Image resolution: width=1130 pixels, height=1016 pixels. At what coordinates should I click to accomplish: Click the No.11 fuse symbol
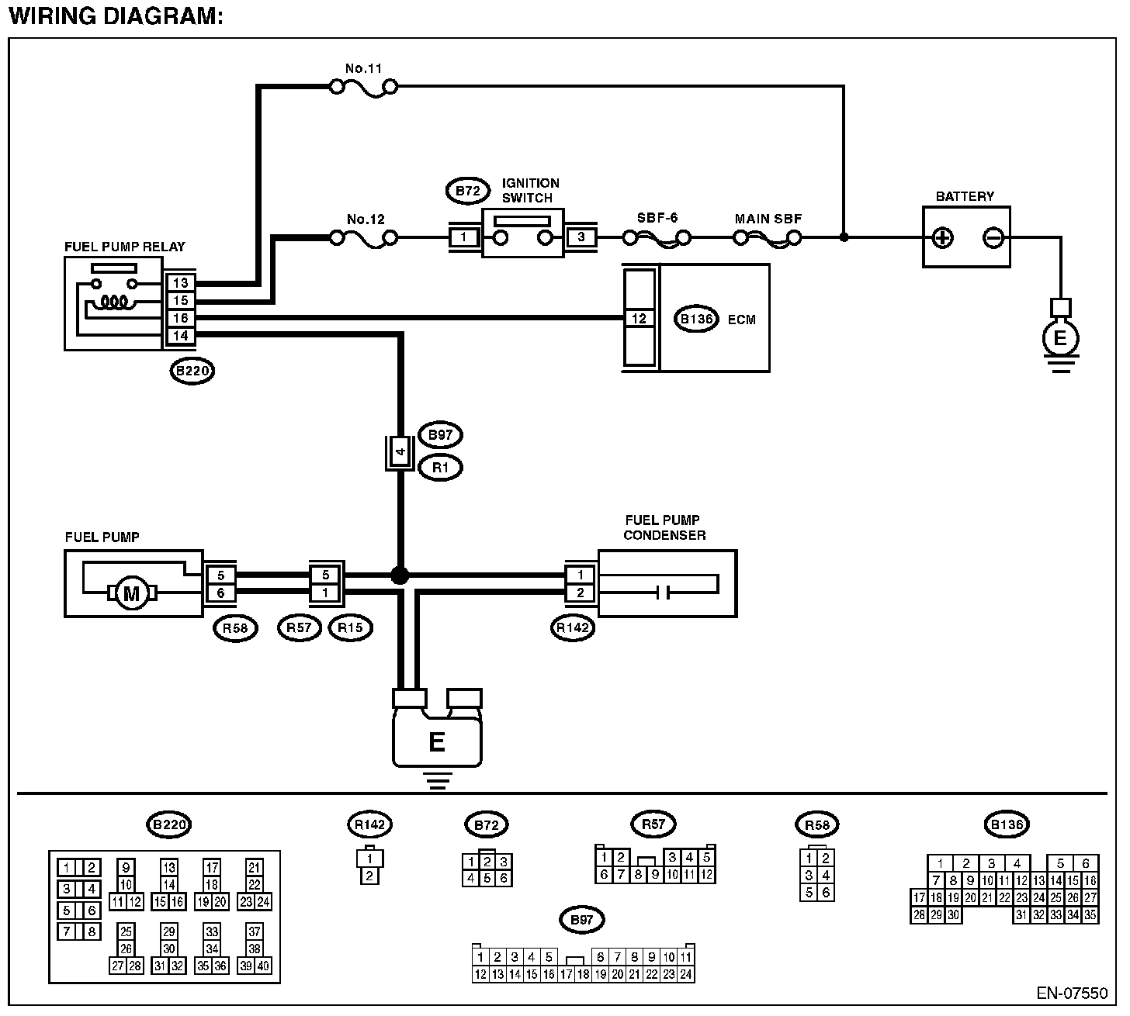point(363,88)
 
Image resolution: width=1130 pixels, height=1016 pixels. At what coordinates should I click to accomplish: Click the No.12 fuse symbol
point(363,237)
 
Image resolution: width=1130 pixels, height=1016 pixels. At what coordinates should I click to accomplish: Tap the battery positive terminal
point(942,237)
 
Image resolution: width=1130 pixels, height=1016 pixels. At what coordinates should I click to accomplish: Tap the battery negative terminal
point(993,237)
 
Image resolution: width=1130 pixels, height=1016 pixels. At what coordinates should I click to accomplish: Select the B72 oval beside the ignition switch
point(467,191)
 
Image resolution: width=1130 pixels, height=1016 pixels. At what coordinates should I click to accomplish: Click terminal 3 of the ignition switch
point(581,237)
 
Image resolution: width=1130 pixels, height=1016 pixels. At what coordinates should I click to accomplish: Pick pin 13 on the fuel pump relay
point(180,283)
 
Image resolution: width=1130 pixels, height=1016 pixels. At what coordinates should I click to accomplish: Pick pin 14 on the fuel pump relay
point(180,336)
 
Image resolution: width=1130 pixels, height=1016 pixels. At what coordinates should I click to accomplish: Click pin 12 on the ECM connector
point(640,319)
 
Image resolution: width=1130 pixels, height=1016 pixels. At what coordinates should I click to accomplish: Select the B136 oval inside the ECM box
point(696,319)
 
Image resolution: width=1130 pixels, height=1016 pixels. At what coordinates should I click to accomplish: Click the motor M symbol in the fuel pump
point(131,594)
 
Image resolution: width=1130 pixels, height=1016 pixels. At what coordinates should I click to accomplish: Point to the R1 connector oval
point(440,468)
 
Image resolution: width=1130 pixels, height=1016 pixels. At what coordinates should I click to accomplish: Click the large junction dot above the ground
point(400,575)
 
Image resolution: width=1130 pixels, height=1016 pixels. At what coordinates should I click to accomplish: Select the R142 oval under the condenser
point(573,628)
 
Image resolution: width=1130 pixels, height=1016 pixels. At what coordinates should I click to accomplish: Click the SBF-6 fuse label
point(657,218)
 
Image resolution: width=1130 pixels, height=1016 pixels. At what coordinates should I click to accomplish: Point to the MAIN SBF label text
point(768,219)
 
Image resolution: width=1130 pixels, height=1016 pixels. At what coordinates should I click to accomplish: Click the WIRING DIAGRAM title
point(116,16)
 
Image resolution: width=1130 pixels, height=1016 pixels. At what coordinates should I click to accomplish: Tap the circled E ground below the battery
point(1060,338)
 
